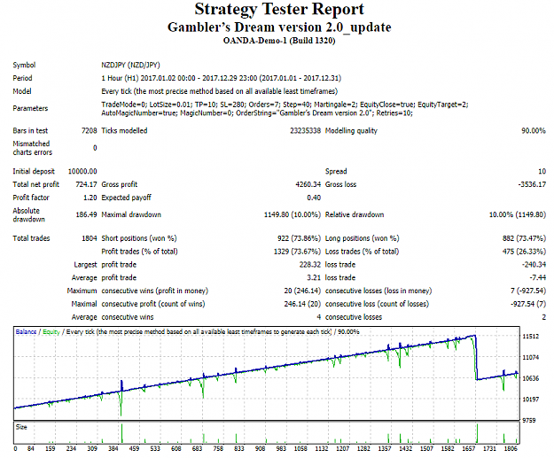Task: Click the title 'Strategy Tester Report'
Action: pyautogui.click(x=279, y=10)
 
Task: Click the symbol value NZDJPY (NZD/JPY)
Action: pyautogui.click(x=130, y=65)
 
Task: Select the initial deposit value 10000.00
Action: pyautogui.click(x=82, y=171)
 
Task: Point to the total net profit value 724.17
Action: pyautogui.click(x=86, y=184)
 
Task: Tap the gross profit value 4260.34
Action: pyautogui.click(x=308, y=184)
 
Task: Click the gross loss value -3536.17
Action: pyautogui.click(x=532, y=184)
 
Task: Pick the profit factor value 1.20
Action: pyautogui.click(x=90, y=198)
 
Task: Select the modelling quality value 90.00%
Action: pyautogui.click(x=534, y=130)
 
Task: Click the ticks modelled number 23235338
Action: pyautogui.click(x=305, y=130)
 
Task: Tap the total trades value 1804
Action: pyautogui.click(x=90, y=238)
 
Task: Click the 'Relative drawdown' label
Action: pyautogui.click(x=355, y=214)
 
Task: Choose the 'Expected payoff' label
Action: pyautogui.click(x=126, y=198)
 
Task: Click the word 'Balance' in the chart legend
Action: pyautogui.click(x=26, y=331)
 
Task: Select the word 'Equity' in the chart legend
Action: pyautogui.click(x=51, y=332)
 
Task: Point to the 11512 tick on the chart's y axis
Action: pyautogui.click(x=531, y=336)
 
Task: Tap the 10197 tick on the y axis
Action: pyautogui.click(x=531, y=399)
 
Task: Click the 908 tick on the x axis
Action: pyautogui.click(x=260, y=448)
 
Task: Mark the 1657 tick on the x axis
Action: pyautogui.click(x=469, y=448)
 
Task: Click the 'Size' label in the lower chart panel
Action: pyautogui.click(x=21, y=427)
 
